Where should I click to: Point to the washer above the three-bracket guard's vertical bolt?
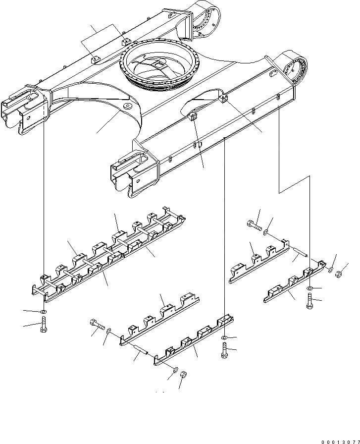pyautogui.click(x=309, y=288)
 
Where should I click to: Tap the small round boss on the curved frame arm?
pyautogui.click(x=127, y=107)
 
